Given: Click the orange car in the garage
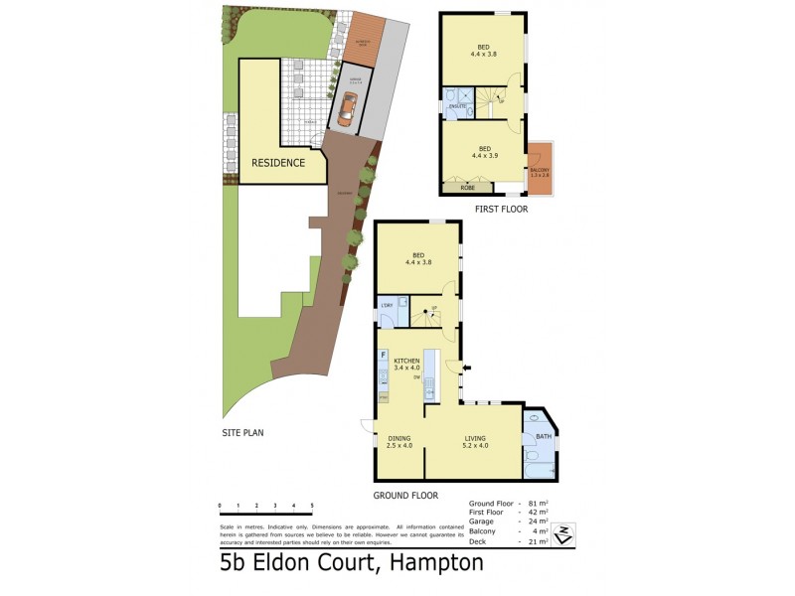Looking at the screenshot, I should [345, 109].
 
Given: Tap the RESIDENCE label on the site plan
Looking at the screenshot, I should [277, 163].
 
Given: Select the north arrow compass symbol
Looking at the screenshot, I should [563, 533].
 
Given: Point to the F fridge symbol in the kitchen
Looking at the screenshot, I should [383, 355].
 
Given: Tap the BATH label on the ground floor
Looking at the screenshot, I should [543, 436].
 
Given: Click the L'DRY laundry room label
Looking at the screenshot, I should [388, 305].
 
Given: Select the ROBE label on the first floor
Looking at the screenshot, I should [468, 187].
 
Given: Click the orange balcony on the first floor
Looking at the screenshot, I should [539, 169].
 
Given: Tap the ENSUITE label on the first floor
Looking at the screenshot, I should [457, 105].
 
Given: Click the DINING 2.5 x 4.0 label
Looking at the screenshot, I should [399, 442].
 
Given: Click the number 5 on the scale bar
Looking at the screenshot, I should [312, 507].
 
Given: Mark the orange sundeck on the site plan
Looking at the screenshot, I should [368, 43].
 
